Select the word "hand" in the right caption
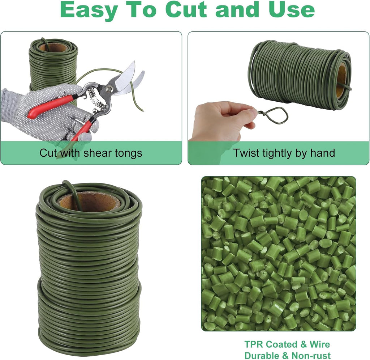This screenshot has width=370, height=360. [x=323, y=153]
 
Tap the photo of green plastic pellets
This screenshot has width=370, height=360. [x=278, y=253]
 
